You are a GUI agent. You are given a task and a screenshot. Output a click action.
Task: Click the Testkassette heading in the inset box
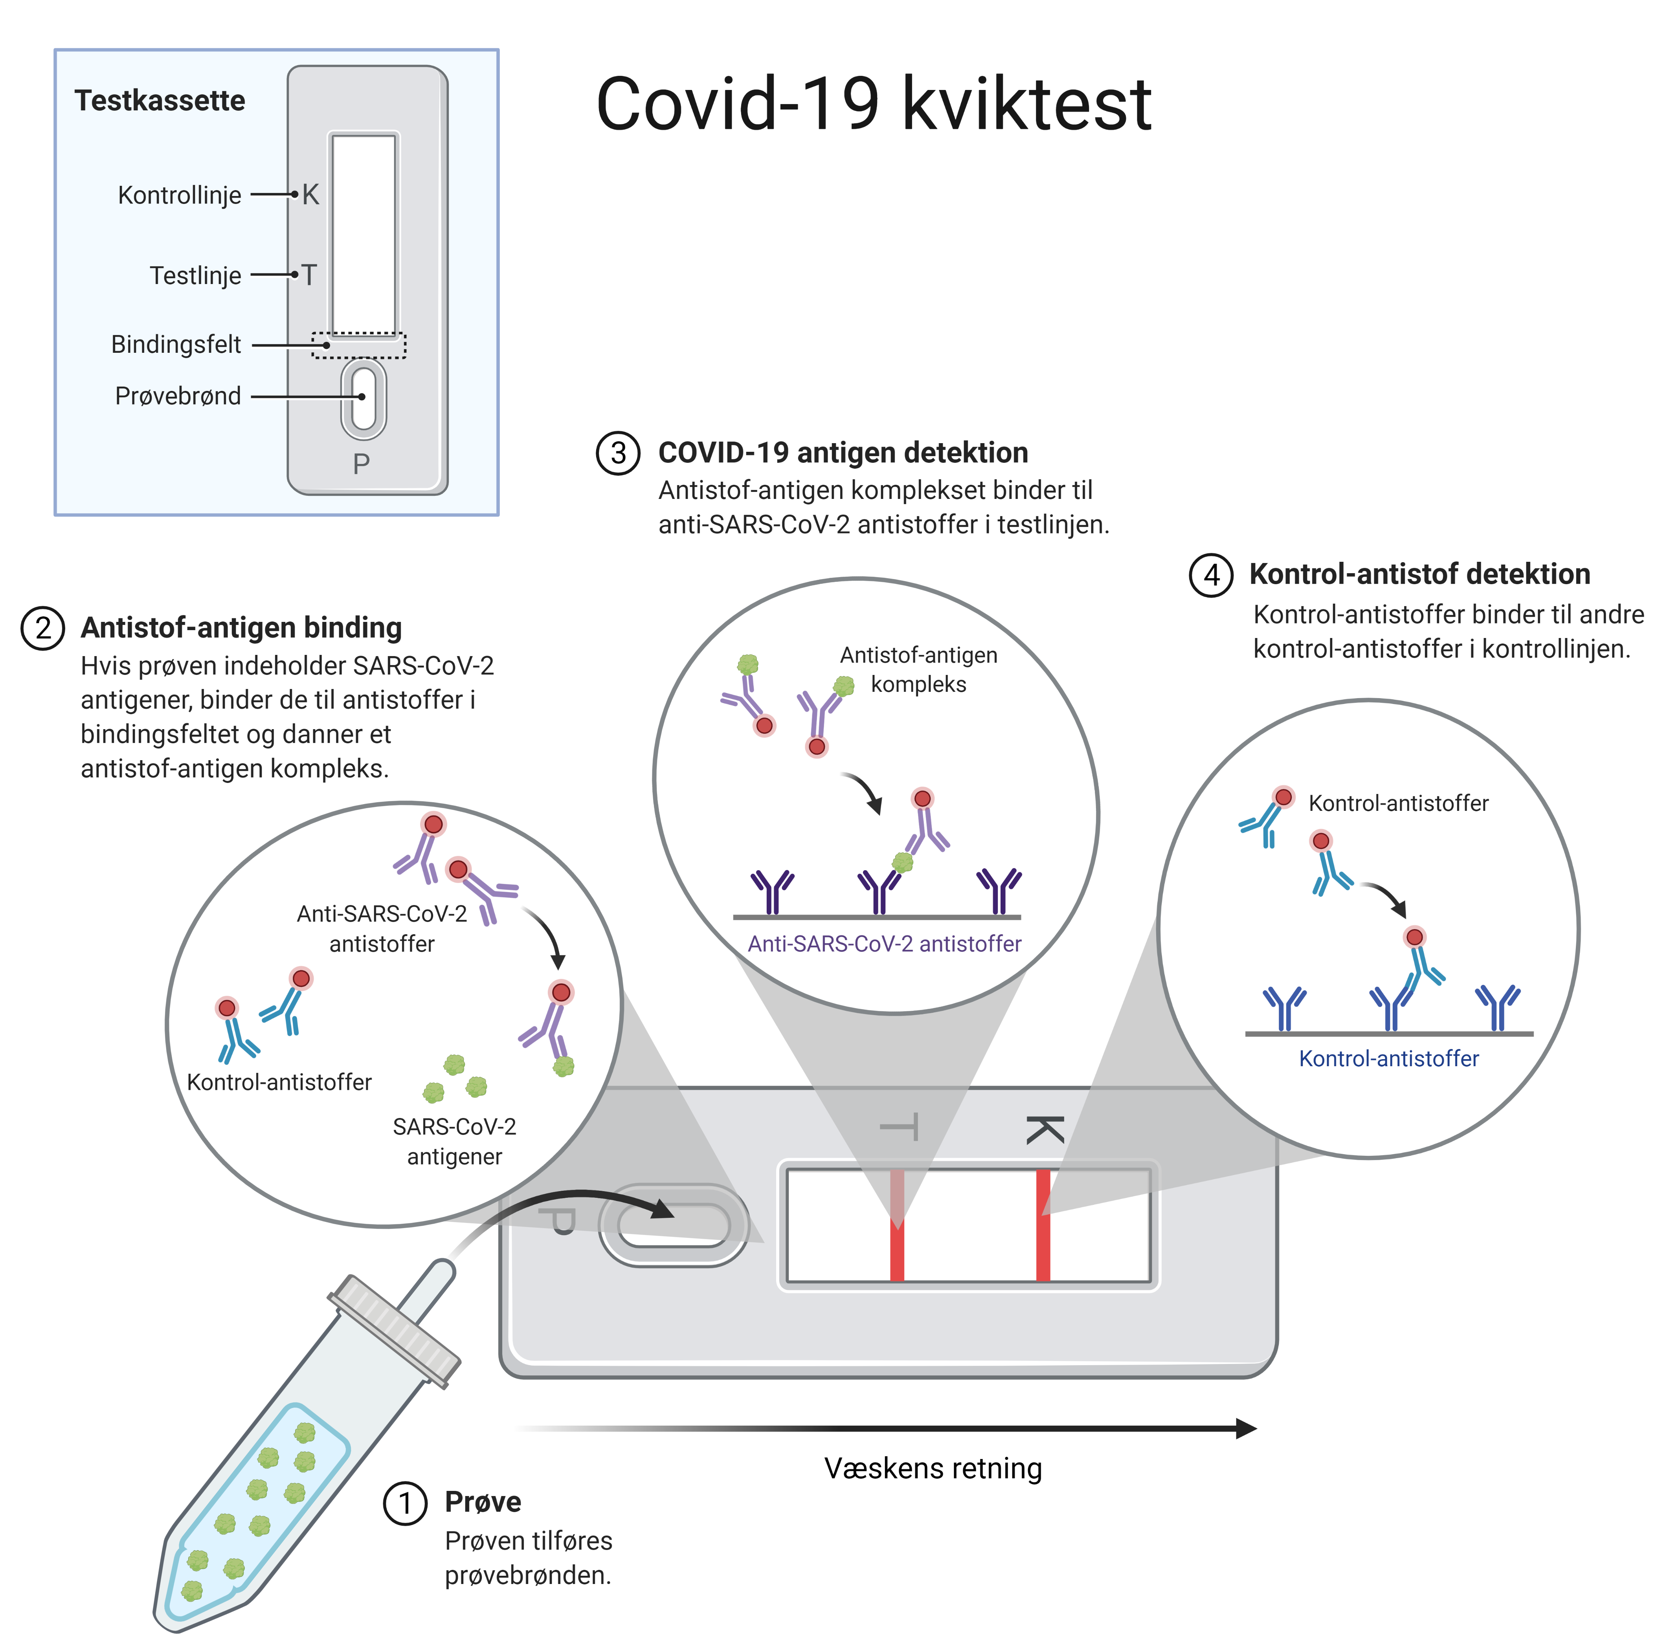point(160,101)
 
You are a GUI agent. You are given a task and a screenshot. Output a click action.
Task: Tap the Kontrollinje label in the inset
point(180,195)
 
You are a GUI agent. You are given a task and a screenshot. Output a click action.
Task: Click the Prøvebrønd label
point(178,396)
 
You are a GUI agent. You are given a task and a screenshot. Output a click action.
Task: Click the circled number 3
point(618,453)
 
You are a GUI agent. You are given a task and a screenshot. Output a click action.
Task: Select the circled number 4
point(1211,576)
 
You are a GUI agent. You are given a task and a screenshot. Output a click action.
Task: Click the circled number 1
point(405,1503)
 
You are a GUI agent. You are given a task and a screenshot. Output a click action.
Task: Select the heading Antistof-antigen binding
point(241,627)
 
